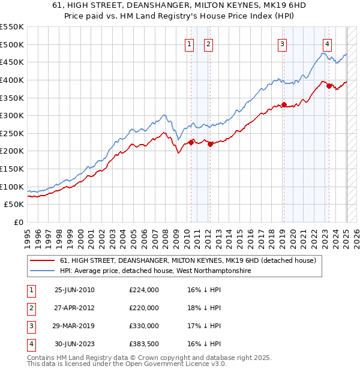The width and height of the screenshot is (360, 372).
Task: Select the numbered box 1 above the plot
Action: pyautogui.click(x=190, y=43)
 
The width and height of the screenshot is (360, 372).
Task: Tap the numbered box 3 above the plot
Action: pyautogui.click(x=282, y=43)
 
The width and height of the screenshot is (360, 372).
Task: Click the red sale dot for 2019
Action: pyautogui.click(x=284, y=104)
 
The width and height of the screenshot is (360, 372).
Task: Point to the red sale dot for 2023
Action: pyautogui.click(x=329, y=86)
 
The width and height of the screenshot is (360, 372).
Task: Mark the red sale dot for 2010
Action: pyautogui.click(x=191, y=142)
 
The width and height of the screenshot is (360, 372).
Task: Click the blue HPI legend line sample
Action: pyautogui.click(x=43, y=271)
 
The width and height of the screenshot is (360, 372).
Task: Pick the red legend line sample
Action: pyautogui.click(x=43, y=260)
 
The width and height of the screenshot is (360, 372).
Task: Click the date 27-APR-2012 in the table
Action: pyautogui.click(x=74, y=308)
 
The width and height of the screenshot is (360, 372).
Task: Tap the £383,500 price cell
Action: pyautogui.click(x=144, y=344)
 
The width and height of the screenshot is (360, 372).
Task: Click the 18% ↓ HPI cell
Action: pyautogui.click(x=204, y=308)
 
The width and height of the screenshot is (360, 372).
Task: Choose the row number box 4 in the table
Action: pyautogui.click(x=31, y=344)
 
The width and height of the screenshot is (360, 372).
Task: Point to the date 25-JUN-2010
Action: pyautogui.click(x=74, y=290)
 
